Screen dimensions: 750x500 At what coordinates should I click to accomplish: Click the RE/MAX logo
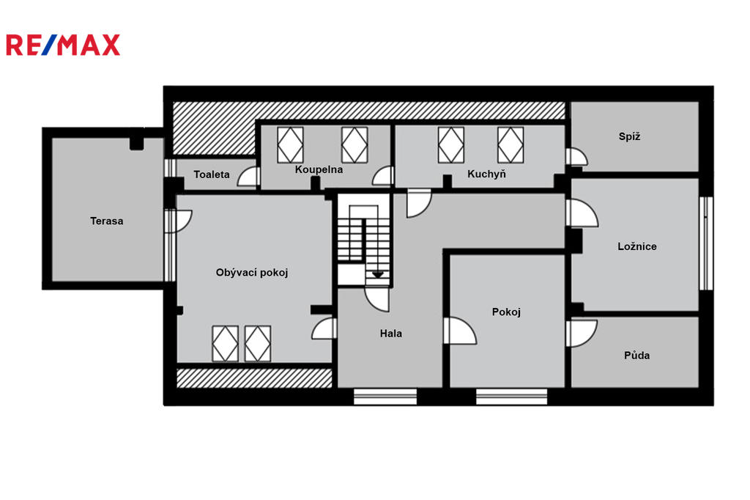tap(63, 45)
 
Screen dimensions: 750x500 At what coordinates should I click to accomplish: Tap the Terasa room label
tap(107, 221)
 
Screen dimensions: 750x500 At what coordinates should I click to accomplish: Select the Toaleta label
tap(212, 174)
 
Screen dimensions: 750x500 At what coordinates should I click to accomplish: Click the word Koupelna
tap(319, 169)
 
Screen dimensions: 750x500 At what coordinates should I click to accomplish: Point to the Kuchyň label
tap(486, 174)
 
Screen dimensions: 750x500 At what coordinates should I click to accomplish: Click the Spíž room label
tap(629, 136)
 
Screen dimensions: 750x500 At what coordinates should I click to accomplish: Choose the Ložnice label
tap(637, 246)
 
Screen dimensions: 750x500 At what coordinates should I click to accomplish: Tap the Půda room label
tap(636, 356)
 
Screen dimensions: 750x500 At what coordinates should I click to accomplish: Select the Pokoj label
tap(506, 312)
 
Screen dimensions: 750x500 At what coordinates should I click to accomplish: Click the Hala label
tap(391, 334)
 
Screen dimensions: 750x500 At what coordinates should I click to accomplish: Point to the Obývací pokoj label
tap(252, 273)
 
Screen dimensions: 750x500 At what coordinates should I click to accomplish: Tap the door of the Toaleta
tap(249, 177)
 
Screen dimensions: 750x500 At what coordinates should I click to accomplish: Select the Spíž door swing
tap(577, 157)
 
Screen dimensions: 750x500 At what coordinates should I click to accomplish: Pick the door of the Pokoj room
tap(460, 331)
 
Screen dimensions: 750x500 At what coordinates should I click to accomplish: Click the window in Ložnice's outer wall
tap(706, 243)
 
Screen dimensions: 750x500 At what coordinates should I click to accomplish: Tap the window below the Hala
tap(385, 397)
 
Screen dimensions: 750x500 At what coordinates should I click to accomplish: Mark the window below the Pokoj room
tap(511, 397)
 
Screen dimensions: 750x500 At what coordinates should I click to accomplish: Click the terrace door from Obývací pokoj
tap(179, 221)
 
